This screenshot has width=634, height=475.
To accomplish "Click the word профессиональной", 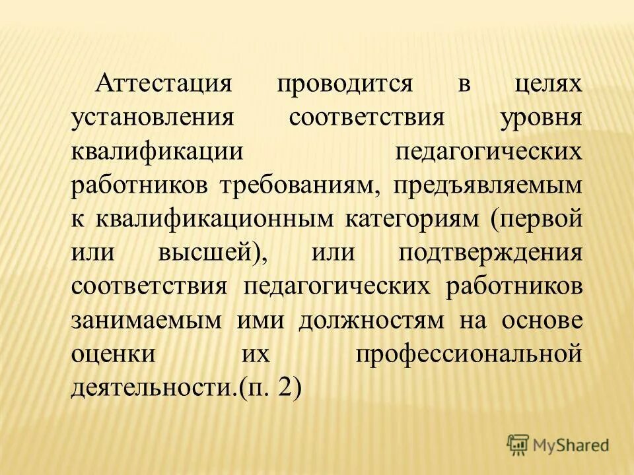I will pos(469,354).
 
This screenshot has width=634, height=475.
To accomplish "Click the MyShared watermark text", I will pos(571,445).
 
